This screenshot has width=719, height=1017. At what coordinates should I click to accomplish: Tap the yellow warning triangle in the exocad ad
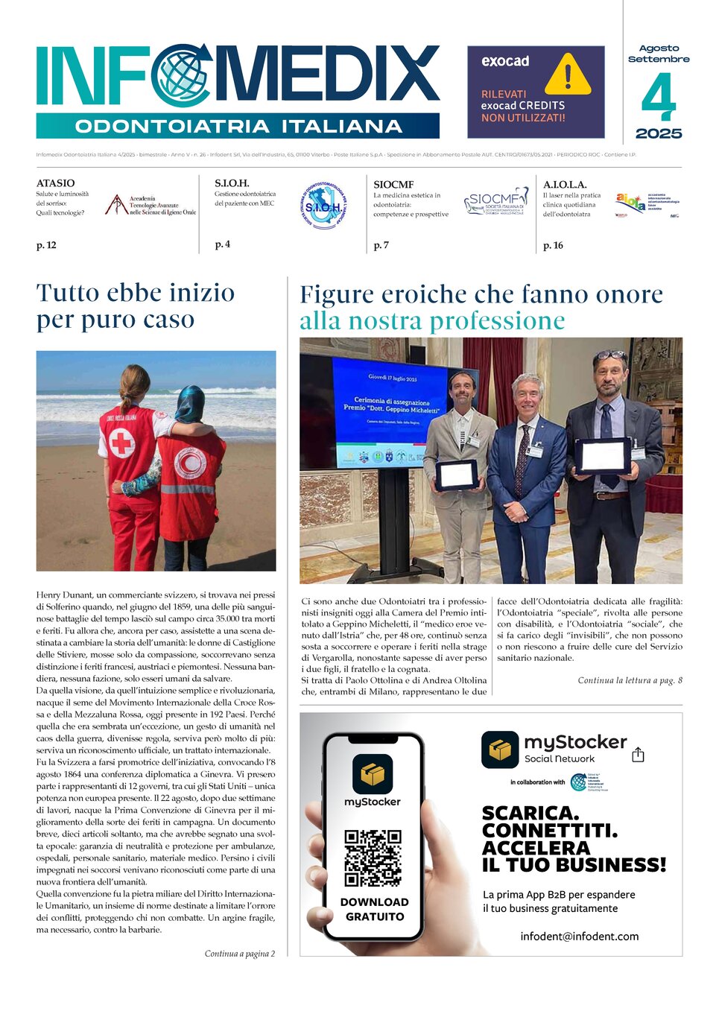568,75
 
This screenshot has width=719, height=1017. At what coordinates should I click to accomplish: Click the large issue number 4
659,98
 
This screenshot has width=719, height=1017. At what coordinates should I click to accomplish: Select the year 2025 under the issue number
659,133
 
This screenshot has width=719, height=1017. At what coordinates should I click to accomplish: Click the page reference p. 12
46,245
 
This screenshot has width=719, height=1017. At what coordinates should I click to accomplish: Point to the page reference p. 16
553,245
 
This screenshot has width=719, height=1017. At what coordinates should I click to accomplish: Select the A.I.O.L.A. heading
565,184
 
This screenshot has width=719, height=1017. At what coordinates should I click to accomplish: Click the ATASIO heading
56,183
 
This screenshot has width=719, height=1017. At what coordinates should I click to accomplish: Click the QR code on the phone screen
373,858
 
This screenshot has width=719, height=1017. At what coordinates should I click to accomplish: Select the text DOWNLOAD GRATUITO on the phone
374,909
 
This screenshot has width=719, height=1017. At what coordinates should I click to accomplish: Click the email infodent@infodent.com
579,937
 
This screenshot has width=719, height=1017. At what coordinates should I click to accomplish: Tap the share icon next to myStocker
638,755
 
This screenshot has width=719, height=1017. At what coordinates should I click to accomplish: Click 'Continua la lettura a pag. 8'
630,680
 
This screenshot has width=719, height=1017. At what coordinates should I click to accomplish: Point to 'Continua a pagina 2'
239,954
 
